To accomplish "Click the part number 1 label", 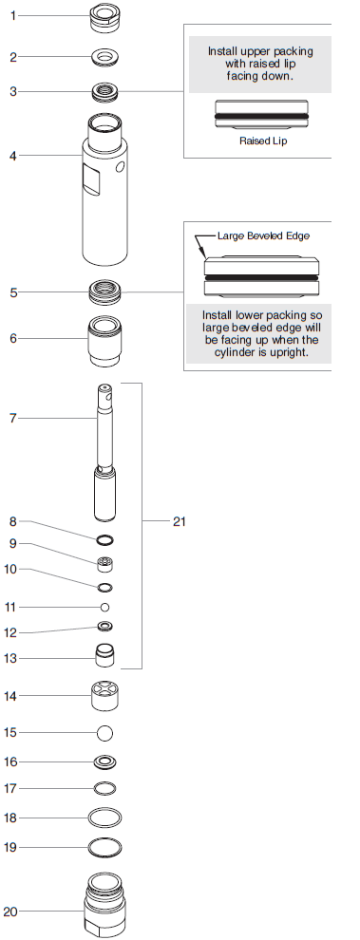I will tap(12, 16).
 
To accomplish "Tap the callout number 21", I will tap(180, 520).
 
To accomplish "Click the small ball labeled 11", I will tap(104, 607).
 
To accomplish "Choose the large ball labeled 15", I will tap(104, 732).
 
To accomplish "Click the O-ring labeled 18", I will tap(104, 818).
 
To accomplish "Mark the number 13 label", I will tap(11, 658).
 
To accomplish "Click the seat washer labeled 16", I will tap(104, 761).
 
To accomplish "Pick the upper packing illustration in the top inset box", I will tap(261, 114).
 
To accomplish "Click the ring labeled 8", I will tap(104, 540).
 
